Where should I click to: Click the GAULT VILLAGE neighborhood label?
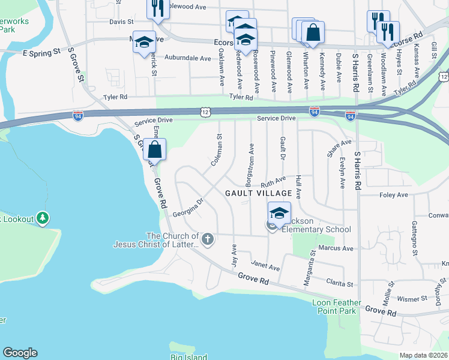click(258, 193)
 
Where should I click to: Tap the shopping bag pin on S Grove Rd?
click(155, 151)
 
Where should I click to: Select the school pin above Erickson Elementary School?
click(279, 213)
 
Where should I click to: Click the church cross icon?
click(208, 240)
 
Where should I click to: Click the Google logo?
click(20, 353)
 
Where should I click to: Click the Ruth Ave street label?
click(273, 180)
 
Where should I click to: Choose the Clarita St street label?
click(339, 283)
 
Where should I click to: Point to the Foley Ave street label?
click(394, 195)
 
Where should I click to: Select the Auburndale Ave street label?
click(188, 59)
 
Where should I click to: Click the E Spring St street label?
click(42, 53)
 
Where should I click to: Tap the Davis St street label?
click(121, 22)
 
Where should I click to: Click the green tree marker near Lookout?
click(43, 218)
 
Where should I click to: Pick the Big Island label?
click(185, 357)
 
